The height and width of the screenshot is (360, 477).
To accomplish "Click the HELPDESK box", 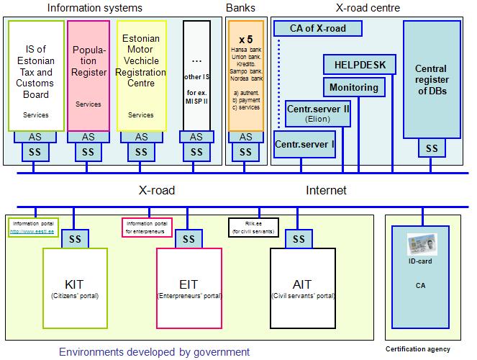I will point(360,65).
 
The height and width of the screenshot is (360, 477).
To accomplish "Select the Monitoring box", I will point(354,87).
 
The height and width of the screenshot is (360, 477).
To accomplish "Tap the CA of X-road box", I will point(318,29).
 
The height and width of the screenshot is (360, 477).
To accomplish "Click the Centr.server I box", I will point(304,144).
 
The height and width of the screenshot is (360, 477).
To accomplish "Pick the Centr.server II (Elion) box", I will point(317,113).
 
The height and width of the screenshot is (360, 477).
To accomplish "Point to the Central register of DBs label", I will point(431,80).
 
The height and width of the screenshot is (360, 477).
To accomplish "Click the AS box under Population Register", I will point(88,137).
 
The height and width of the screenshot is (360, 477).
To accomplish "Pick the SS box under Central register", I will point(431,148).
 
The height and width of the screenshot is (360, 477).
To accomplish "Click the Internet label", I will point(326,191).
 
